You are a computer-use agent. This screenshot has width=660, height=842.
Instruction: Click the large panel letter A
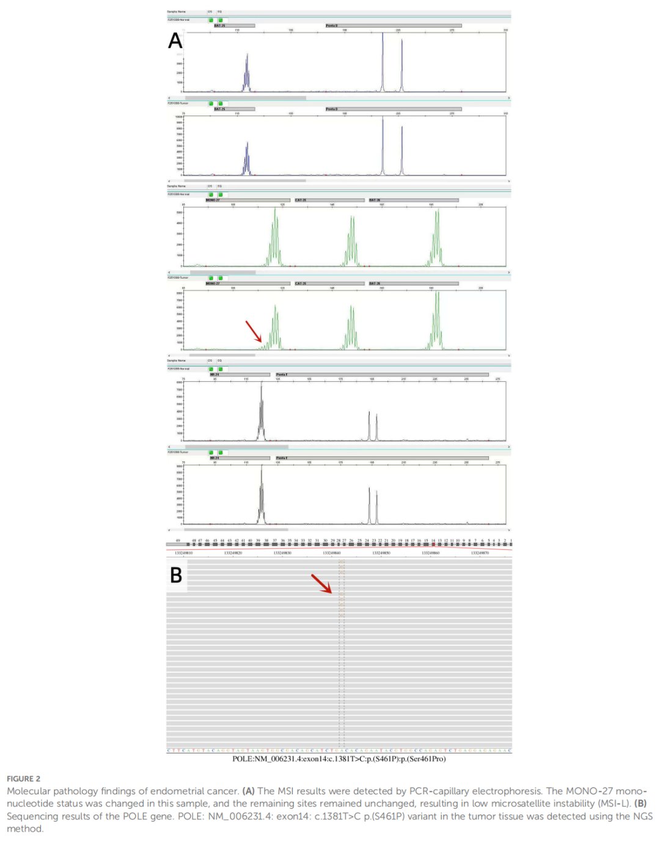[175, 41]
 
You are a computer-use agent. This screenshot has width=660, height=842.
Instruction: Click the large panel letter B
[176, 575]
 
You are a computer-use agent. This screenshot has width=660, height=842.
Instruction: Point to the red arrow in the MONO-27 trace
[254, 331]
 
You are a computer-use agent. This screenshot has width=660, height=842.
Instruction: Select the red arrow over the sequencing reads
[321, 584]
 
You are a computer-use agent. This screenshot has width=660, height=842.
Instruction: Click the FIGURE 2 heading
[23, 778]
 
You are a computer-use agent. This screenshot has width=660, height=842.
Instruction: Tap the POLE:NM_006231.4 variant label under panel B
[339, 759]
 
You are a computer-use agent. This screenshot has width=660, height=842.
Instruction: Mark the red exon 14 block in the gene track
[433, 544]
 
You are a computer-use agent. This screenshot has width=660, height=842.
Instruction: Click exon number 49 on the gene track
[178, 541]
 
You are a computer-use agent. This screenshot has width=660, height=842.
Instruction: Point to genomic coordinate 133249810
[183, 553]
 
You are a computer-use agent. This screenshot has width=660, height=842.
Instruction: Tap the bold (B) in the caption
[640, 804]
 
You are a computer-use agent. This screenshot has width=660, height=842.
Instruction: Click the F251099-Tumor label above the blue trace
[178, 103]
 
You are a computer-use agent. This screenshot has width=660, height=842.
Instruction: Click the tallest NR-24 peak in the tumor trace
[262, 489]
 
